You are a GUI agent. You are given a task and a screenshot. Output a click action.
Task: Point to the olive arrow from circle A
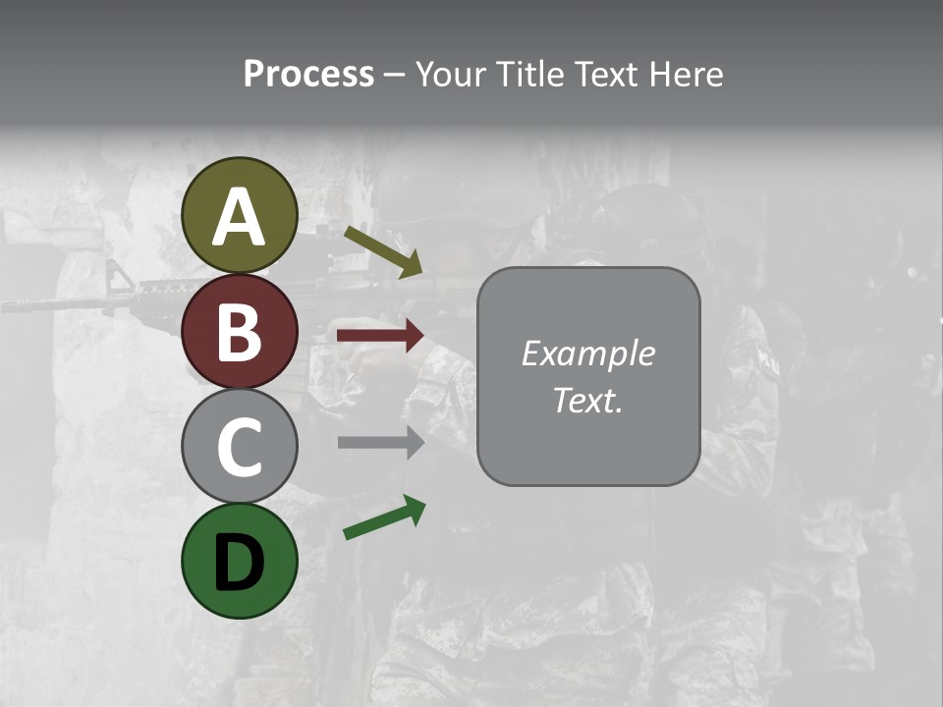(383, 251)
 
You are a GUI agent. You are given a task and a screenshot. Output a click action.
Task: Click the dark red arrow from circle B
(380, 336)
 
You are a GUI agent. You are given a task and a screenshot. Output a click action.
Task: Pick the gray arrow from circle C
(380, 442)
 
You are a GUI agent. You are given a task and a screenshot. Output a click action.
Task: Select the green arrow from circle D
(384, 517)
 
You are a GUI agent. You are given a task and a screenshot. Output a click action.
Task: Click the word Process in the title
(308, 74)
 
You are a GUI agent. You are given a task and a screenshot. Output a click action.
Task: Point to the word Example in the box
(587, 353)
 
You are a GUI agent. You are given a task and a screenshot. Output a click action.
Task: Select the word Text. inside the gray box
(587, 400)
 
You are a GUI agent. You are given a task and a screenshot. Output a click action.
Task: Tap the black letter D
(240, 562)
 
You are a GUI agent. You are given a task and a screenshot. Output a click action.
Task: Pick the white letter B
(240, 332)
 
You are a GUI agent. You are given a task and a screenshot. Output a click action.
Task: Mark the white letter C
(240, 447)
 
